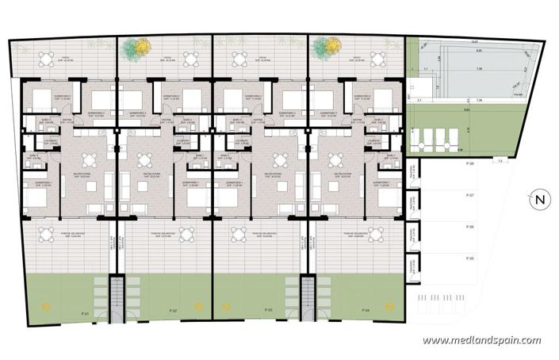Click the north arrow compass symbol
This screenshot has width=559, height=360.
[x=538, y=199]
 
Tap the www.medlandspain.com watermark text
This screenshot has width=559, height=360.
[x=481, y=340]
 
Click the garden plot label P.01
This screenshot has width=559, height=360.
[x=85, y=314]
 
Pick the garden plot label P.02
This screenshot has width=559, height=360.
[x=172, y=308]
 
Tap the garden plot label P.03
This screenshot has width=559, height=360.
[x=269, y=308]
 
